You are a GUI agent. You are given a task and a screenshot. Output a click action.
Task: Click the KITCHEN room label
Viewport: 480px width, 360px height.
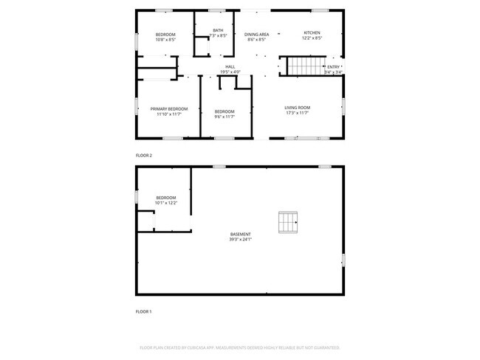pyautogui.click(x=312, y=34)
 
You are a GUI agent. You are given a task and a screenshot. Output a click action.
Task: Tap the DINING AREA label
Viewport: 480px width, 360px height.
pyautogui.click(x=256, y=34)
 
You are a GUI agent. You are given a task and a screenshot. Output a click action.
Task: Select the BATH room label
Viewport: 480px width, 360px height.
pyautogui.click(x=218, y=30)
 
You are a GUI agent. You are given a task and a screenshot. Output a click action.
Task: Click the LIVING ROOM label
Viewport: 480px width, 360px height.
pyautogui.click(x=297, y=108)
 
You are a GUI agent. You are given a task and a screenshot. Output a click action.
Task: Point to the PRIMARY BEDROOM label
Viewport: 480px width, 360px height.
pyautogui.click(x=168, y=108)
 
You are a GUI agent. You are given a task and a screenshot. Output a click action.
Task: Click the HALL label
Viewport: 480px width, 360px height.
pyautogui.click(x=230, y=67)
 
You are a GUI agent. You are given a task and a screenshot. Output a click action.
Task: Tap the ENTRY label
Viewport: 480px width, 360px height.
pyautogui.click(x=333, y=67)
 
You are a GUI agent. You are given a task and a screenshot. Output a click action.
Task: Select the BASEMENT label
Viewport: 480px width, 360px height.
pyautogui.click(x=240, y=234)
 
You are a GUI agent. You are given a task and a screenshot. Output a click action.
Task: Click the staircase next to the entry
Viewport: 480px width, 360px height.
pyautogui.click(x=301, y=66)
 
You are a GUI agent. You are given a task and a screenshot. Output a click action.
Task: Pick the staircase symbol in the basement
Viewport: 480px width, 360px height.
pyautogui.click(x=287, y=221)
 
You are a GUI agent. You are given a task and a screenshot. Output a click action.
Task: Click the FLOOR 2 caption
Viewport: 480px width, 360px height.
pyautogui.click(x=143, y=156)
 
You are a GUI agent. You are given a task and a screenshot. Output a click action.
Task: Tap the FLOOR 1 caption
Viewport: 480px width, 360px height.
pyautogui.click(x=143, y=312)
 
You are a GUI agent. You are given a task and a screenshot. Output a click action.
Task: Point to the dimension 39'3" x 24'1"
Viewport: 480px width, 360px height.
pyautogui.click(x=240, y=240)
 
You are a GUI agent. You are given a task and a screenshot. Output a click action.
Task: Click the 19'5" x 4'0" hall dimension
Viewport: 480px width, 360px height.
pyautogui.click(x=230, y=72)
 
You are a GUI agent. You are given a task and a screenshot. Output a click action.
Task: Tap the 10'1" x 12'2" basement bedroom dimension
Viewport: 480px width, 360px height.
pyautogui.click(x=166, y=202)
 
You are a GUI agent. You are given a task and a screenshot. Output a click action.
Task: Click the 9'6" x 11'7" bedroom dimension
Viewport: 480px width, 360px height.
pyautogui.click(x=224, y=117)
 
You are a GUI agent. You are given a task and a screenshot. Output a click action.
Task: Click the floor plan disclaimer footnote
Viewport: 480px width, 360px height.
pyautogui.click(x=239, y=347)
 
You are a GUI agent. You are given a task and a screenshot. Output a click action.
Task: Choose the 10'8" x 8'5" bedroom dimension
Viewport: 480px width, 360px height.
pyautogui.click(x=165, y=40)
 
